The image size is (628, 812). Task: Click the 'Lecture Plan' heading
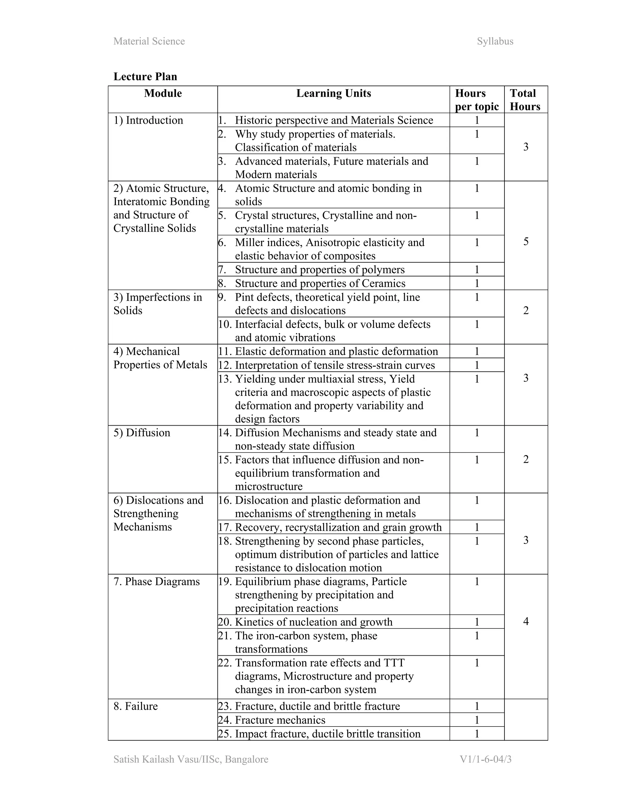(145, 77)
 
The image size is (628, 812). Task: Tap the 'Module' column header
(163, 93)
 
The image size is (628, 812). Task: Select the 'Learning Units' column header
(333, 93)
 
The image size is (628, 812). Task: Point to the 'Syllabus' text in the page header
(495, 41)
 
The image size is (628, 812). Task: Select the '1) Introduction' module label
(148, 120)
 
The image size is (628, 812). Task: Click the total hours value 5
(526, 242)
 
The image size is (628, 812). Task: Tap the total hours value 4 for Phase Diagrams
(526, 621)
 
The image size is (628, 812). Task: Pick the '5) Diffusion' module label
(142, 433)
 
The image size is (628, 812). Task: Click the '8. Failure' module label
(136, 706)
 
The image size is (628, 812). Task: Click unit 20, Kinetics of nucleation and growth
(313, 622)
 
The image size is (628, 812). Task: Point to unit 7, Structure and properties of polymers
(319, 270)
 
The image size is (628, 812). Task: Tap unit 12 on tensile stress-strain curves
(335, 365)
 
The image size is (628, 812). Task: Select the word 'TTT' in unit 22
(394, 663)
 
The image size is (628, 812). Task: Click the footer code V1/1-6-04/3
(485, 759)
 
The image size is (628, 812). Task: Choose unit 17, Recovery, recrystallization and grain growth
(338, 527)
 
